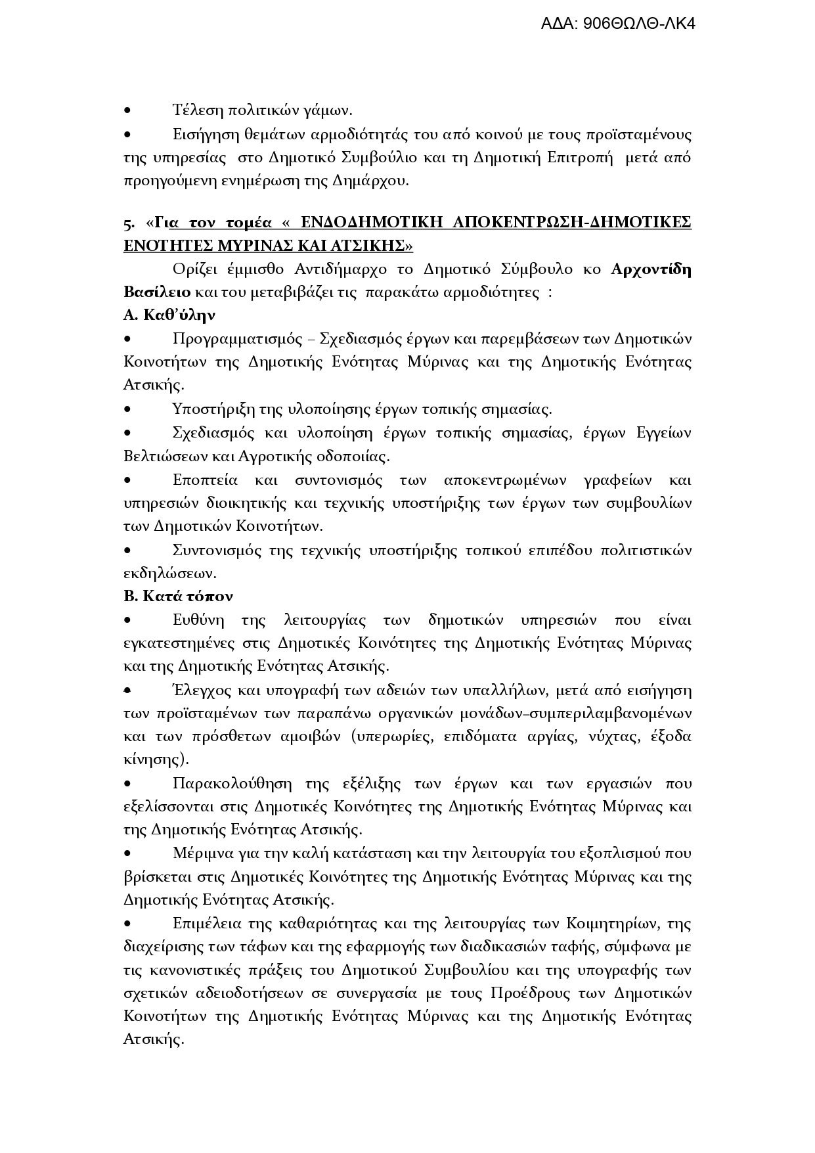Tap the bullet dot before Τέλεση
pyautogui.click(x=127, y=110)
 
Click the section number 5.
pyautogui.click(x=127, y=223)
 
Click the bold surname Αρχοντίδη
pyautogui.click(x=651, y=269)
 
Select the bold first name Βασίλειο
pyautogui.click(x=157, y=292)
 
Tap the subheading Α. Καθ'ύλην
pyautogui.click(x=169, y=315)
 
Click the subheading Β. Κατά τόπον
pyautogui.click(x=178, y=597)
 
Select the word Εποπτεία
pyautogui.click(x=205, y=480)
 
